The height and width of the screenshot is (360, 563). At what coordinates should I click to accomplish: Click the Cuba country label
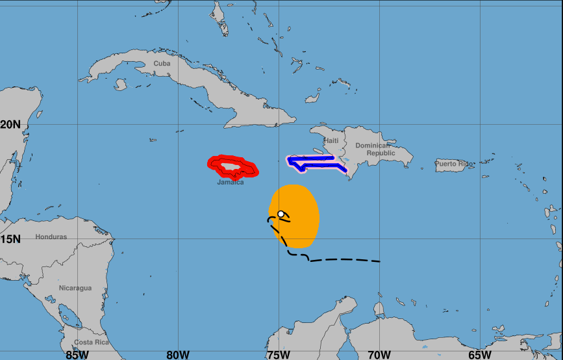tap(162, 63)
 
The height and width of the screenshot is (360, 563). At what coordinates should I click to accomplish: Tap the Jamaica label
tap(231, 183)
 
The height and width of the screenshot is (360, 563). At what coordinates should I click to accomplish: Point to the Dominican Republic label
tap(372, 149)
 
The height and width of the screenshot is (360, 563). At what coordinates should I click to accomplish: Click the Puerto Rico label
tap(454, 164)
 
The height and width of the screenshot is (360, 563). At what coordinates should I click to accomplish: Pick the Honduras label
tap(51, 237)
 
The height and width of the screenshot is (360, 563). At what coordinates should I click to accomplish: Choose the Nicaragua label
tap(75, 288)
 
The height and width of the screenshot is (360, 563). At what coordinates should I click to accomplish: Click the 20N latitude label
tap(10, 124)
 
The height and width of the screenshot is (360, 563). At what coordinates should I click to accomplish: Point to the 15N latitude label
tap(10, 239)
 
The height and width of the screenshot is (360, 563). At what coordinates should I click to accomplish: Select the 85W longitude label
tap(77, 354)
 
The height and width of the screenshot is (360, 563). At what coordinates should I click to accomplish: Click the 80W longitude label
tap(178, 354)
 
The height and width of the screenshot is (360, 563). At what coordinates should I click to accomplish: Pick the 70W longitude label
tap(379, 354)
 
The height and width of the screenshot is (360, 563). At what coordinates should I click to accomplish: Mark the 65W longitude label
tap(480, 354)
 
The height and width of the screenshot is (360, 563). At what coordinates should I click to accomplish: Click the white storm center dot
tap(281, 214)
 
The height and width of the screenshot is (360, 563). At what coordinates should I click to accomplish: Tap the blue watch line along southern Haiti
tap(312, 158)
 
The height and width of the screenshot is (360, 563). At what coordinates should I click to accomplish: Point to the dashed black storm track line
tap(344, 260)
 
